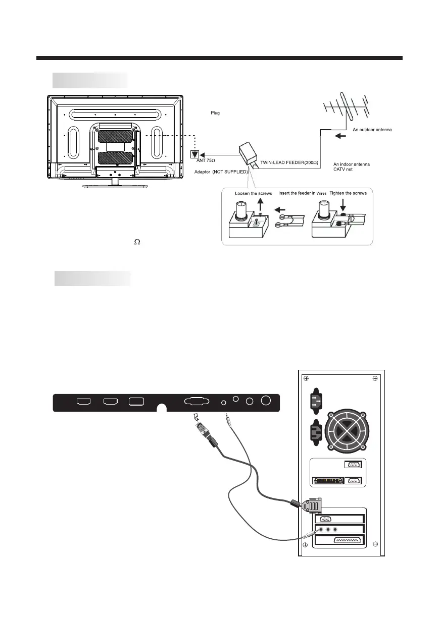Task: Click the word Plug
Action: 215,112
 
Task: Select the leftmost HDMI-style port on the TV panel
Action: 83,402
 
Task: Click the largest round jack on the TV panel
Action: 265,401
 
